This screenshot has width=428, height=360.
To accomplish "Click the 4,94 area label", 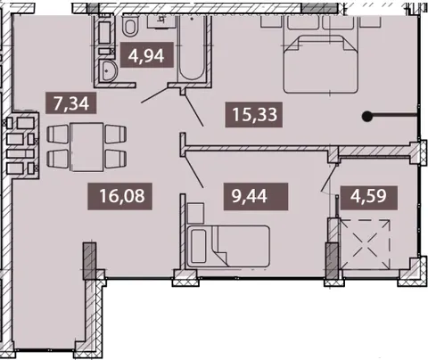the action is tap(146, 55).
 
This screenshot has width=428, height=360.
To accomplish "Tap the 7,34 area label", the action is tap(71, 103).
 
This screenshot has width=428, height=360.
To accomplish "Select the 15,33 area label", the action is tap(255, 114).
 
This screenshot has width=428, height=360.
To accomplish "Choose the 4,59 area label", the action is tap(368, 196).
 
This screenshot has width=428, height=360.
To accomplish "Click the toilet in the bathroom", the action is tap(131, 26).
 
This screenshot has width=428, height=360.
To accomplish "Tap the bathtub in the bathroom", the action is tap(192, 47).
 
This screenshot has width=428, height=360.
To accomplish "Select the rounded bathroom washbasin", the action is tap(108, 70).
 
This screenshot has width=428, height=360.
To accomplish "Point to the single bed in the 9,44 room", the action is tap(228, 246).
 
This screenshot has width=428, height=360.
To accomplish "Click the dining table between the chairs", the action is tap(86, 147).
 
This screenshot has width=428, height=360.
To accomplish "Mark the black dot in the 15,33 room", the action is tap(367, 117).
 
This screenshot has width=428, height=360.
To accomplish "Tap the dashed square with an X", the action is tap(365, 244).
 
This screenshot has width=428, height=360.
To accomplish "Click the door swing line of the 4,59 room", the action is tap(329, 177).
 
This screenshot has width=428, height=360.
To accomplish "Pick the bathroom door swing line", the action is tap(155, 94).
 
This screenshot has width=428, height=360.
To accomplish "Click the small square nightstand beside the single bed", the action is tap(196, 213).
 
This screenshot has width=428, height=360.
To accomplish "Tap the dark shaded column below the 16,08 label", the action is tap(89, 261).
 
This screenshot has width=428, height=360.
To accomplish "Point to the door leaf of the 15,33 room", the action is tap(193, 110).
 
